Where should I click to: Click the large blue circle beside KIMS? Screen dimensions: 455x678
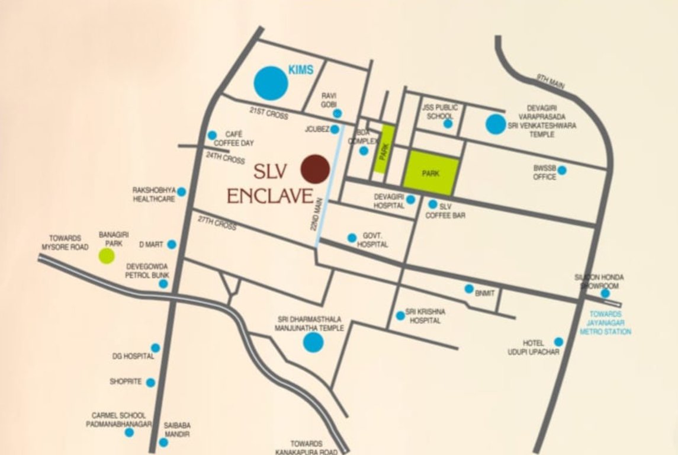[x=271, y=82]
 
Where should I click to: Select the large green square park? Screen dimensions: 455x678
[x=431, y=173]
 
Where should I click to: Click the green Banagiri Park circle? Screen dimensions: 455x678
[x=107, y=256]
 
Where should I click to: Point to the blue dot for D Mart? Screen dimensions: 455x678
[x=172, y=244]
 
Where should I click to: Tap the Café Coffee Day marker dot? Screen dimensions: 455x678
[x=212, y=136]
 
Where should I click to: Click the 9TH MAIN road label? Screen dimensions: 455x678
[x=551, y=82]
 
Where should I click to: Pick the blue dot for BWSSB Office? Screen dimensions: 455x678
[x=561, y=171]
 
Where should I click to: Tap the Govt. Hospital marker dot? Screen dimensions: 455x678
[x=352, y=238]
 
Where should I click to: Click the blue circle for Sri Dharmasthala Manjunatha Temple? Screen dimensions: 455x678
[x=313, y=342]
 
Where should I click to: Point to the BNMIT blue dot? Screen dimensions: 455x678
[x=469, y=289]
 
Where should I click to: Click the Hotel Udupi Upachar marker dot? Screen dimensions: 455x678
[x=558, y=342]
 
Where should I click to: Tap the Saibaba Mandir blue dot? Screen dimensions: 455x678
[x=163, y=442]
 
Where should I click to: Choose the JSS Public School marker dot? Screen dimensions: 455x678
[x=448, y=123]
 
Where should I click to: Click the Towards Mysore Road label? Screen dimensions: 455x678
[x=65, y=242]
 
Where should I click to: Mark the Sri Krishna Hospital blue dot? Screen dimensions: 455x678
[x=400, y=316]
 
